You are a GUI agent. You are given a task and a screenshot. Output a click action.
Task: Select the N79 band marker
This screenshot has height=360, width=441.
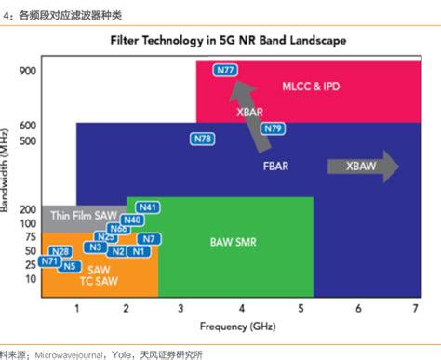click(x=273, y=128)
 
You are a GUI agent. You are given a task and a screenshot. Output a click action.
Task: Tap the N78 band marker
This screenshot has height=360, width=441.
click(x=202, y=140)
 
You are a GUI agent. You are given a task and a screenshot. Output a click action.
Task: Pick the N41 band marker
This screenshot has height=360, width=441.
click(x=147, y=207)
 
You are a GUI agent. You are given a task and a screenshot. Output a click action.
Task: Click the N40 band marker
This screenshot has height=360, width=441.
click(x=132, y=220)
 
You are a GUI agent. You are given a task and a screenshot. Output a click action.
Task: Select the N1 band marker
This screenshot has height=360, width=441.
click(x=140, y=251)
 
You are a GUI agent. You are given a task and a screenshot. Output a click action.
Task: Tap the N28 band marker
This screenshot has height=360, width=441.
click(x=60, y=251)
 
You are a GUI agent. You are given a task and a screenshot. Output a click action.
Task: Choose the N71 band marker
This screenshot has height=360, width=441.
click(x=50, y=262)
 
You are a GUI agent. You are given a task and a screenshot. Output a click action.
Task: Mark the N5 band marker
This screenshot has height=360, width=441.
click(x=69, y=266)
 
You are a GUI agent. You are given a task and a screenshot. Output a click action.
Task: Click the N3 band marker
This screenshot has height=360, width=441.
click(x=95, y=247)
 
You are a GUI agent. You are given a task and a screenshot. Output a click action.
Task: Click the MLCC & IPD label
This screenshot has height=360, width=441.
click(x=311, y=87)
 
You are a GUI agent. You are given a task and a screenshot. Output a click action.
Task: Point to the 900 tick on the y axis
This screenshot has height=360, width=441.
click(x=26, y=71)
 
